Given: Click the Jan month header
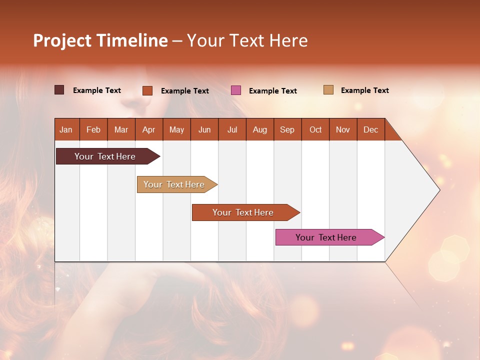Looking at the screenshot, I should pos(66,129).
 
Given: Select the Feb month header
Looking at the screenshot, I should pos(93,129).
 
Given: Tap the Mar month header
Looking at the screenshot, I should pos(121,129).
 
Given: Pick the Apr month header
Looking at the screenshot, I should pos(149,129).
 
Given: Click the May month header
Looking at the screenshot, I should pos(176,129).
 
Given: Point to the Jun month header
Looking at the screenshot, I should pos(204,129).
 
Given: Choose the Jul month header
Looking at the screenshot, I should pos(232,129).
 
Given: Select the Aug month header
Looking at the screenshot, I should pos(260,129).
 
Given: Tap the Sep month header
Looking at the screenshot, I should pos(287,129).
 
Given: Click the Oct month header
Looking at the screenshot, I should pos(315,129).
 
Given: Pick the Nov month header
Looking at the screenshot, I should pos(343,129).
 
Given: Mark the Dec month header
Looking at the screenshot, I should pos(371,129).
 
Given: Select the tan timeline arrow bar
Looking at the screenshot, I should pos(175,184).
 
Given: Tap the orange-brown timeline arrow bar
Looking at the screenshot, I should pos(243,212).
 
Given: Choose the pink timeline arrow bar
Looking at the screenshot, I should pos(327,237).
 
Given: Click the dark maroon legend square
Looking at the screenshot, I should pos(59,90).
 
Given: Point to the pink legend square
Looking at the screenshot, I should pos(236,90).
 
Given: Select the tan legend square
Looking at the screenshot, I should pos(328,90).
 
